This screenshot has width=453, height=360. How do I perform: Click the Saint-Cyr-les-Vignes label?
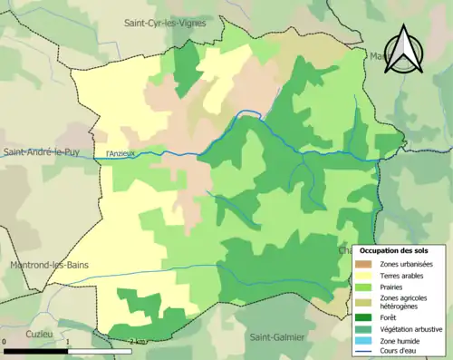click(x=165, y=23)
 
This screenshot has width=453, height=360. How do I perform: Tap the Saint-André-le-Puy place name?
click(x=43, y=152)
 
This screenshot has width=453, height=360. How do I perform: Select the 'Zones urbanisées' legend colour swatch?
click(x=362, y=264)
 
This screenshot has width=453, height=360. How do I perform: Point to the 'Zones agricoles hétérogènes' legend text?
click(x=404, y=302)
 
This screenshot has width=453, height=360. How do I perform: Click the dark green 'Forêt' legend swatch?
click(x=362, y=317)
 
